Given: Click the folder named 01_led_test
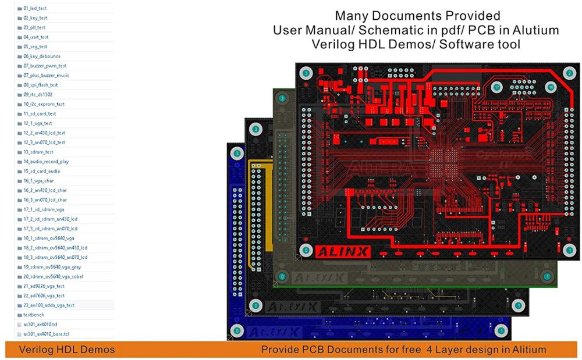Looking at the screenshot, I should point(35,9).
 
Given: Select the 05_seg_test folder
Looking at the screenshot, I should point(35,47).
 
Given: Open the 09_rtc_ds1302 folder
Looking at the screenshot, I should point(38,94).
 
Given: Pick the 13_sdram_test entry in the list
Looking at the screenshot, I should point(38,152).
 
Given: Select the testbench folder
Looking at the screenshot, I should point(33,315).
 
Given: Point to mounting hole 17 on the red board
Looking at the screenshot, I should point(496,87).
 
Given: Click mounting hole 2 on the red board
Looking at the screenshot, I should point(570,73).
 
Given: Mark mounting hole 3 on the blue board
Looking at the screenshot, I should point(236,153).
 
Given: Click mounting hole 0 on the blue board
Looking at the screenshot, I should point(236,331).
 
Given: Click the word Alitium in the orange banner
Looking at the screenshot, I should point(528,350).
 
